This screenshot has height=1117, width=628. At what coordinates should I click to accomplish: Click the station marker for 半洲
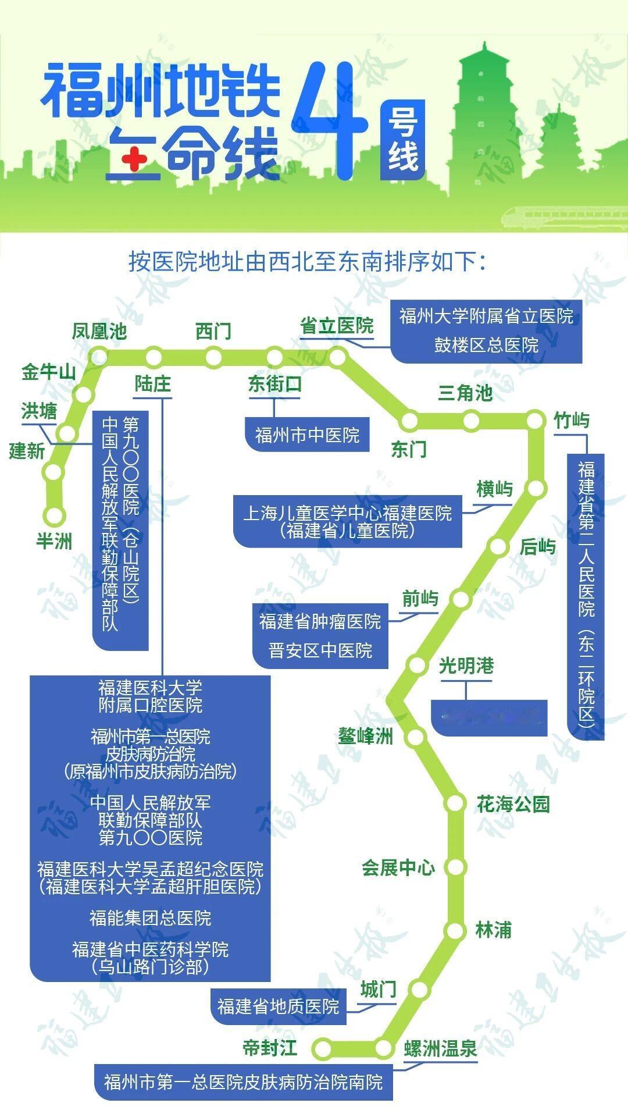pyautogui.click(x=55, y=515)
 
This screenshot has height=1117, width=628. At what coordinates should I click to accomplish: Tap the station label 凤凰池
pyautogui.click(x=99, y=332)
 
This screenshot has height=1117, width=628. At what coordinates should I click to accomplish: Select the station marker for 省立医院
pyautogui.click(x=337, y=357)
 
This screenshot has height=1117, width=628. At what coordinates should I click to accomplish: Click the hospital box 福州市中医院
pyautogui.click(x=307, y=435)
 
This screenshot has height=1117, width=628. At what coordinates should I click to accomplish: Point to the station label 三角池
pyautogui.click(x=465, y=393)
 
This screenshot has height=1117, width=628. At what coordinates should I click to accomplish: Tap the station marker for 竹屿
pyautogui.click(x=535, y=420)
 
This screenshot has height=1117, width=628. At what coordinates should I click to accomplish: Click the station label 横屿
pyautogui.click(x=494, y=489)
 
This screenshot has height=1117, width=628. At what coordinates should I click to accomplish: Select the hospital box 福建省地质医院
pyautogui.click(x=278, y=1006)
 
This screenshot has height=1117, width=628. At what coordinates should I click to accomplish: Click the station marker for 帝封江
pyautogui.click(x=322, y=1048)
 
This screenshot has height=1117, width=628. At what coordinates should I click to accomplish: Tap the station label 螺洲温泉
pyautogui.click(x=440, y=1048)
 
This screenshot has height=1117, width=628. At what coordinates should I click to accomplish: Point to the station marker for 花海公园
pyautogui.click(x=455, y=803)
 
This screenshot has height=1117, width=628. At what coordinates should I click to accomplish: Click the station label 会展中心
pyautogui.click(x=398, y=867)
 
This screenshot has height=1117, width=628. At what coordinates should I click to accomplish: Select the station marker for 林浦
pyautogui.click(x=455, y=930)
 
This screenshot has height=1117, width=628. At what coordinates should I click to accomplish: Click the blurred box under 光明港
pyautogui.click(x=488, y=717)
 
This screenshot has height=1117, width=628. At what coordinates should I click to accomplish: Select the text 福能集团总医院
pyautogui.click(x=150, y=918)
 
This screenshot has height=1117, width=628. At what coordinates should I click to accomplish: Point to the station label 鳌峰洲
pyautogui.click(x=366, y=737)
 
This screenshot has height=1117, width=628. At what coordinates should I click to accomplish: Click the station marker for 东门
pyautogui.click(x=409, y=420)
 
